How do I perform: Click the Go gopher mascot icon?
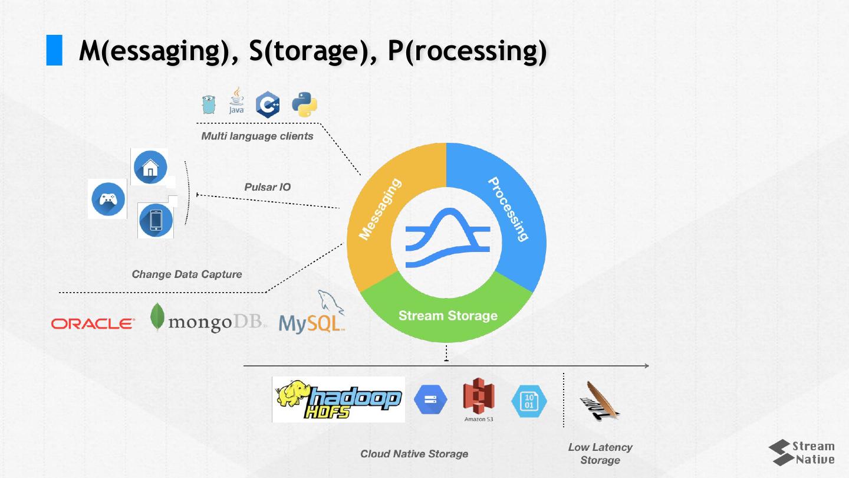point(207,104)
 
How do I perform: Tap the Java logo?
point(236,102)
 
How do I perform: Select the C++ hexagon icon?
point(268,104)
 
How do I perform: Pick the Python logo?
point(304,104)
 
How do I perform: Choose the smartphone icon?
point(156,220)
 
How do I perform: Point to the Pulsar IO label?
point(268,187)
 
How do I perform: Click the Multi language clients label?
point(257,136)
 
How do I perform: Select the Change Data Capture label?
point(186,274)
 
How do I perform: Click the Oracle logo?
point(93,323)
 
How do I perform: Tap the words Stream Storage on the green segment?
point(447,316)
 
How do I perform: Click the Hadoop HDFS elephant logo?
point(338,400)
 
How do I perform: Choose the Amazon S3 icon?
point(478,400)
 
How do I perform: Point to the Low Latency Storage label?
point(600,453)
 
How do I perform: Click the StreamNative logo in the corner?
point(801,453)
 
